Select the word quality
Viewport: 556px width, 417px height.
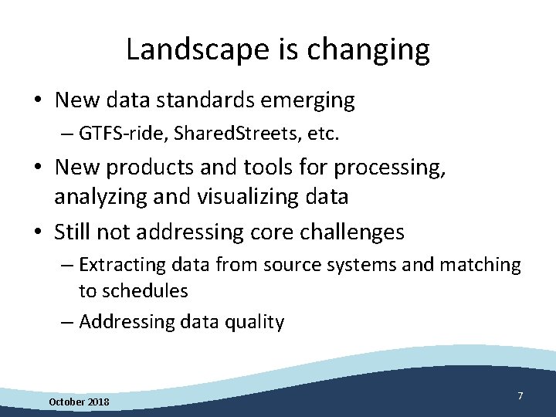256,322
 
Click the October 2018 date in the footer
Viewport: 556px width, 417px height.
79,402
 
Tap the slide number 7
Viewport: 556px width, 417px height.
520,396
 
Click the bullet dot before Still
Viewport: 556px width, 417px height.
37,232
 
